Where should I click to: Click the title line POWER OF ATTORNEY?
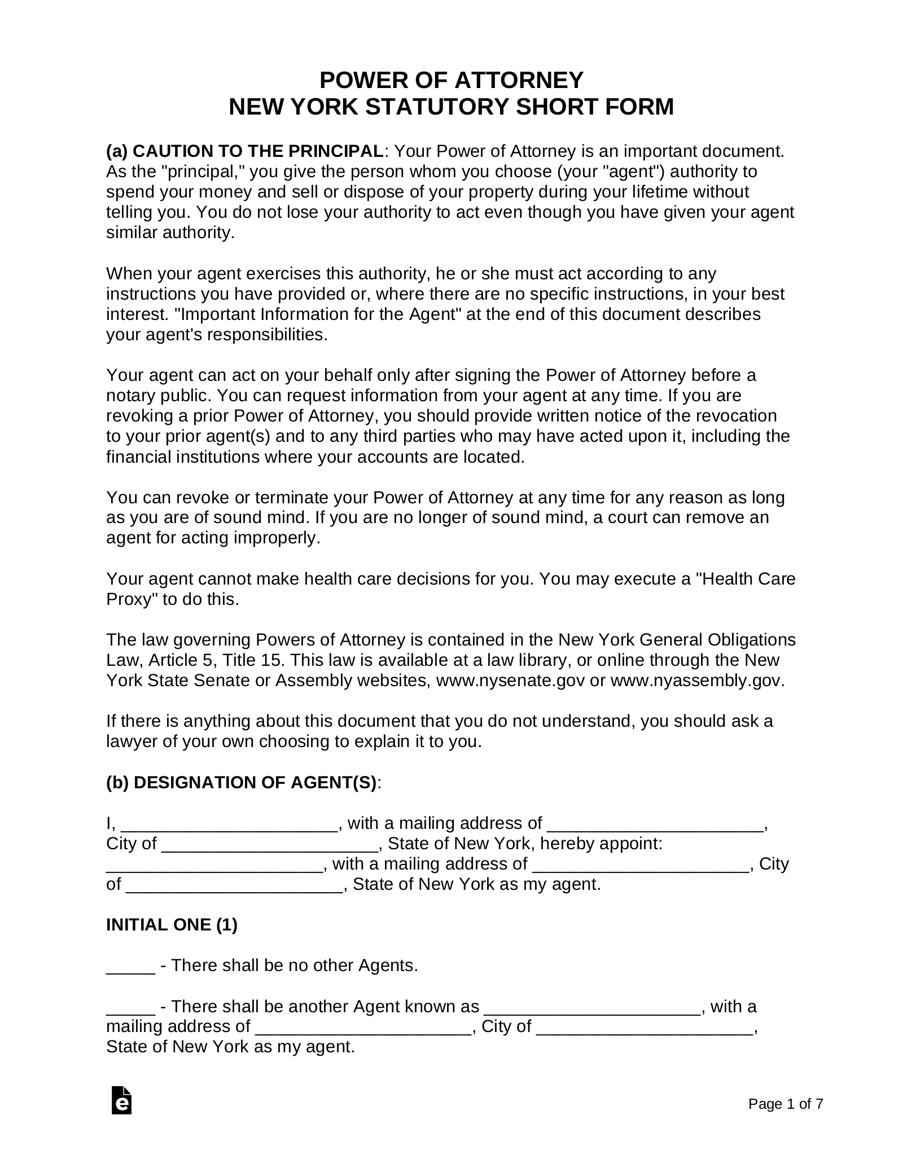coord(451,81)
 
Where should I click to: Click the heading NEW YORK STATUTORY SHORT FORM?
coord(451,107)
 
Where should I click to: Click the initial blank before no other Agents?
coord(130,966)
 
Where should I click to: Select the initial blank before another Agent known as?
coord(130,1007)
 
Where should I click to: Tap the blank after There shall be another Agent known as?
coord(592,1007)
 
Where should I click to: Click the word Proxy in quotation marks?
coord(131,599)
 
